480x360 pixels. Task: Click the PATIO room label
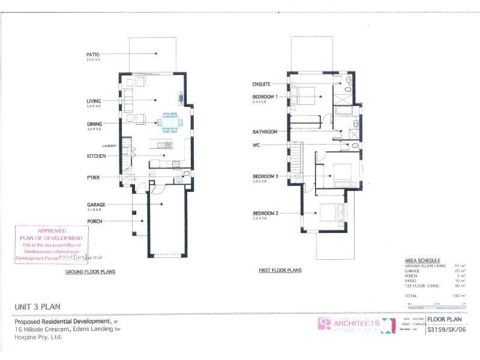(93, 54)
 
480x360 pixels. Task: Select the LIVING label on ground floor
(94, 100)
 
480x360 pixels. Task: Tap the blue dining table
(169, 121)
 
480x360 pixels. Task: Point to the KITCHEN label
(96, 156)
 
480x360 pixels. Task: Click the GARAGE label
(96, 205)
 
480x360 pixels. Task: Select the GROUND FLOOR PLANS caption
(90, 272)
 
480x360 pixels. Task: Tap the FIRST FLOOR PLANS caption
(280, 271)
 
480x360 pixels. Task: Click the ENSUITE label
(262, 84)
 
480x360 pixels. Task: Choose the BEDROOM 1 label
(265, 97)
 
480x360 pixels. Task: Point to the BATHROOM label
(265, 131)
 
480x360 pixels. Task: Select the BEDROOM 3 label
(265, 176)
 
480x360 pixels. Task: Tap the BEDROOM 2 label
(265, 213)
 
